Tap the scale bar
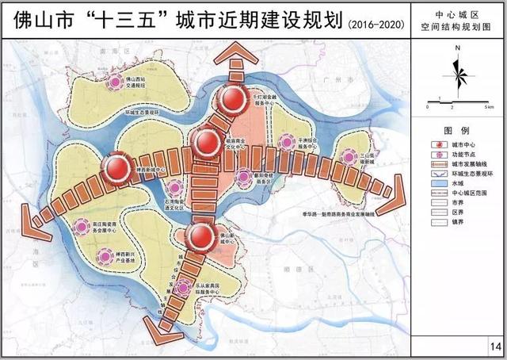coord(448,101)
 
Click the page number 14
coord(496,346)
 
